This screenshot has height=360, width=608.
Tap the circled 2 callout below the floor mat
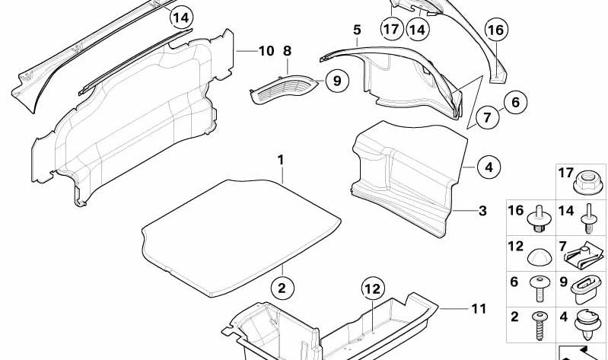click(x=281, y=288)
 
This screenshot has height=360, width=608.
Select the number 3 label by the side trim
click(x=482, y=210)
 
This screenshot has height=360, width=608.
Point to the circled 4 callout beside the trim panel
click(x=489, y=167)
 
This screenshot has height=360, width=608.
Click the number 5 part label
click(x=356, y=30)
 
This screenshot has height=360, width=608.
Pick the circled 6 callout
click(x=514, y=101)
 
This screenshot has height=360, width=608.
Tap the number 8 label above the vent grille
click(x=287, y=52)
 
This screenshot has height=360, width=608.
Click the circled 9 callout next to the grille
click(x=336, y=78)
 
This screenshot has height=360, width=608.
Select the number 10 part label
click(x=265, y=52)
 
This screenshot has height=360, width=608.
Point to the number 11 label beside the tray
click(x=477, y=309)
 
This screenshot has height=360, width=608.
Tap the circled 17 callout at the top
click(x=391, y=30)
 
